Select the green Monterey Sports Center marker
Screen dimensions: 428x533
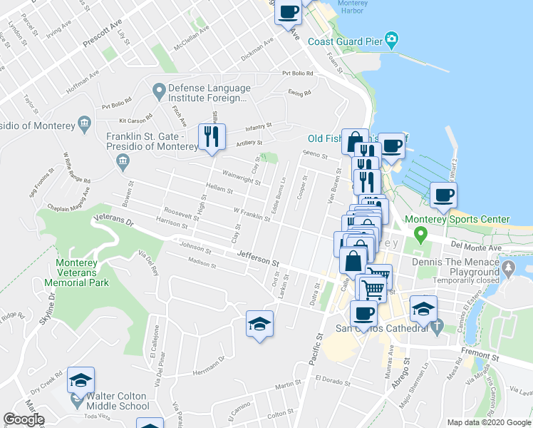click(x=421, y=233)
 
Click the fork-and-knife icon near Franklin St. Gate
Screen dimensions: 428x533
click(x=212, y=136)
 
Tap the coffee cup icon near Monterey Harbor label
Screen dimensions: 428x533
click(x=288, y=13)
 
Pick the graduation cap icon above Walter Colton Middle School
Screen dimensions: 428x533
click(x=81, y=379)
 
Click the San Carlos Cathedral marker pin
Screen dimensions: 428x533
click(x=438, y=327)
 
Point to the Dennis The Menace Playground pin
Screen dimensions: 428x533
click(x=507, y=268)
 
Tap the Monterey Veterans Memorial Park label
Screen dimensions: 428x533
click(x=76, y=272)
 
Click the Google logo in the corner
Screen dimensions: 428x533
click(x=24, y=419)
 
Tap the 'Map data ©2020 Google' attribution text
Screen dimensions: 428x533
click(x=489, y=422)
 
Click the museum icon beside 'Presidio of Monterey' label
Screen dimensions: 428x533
click(x=85, y=125)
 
